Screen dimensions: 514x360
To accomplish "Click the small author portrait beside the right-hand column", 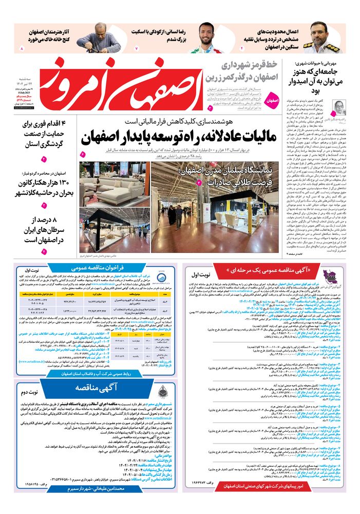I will (341, 108).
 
